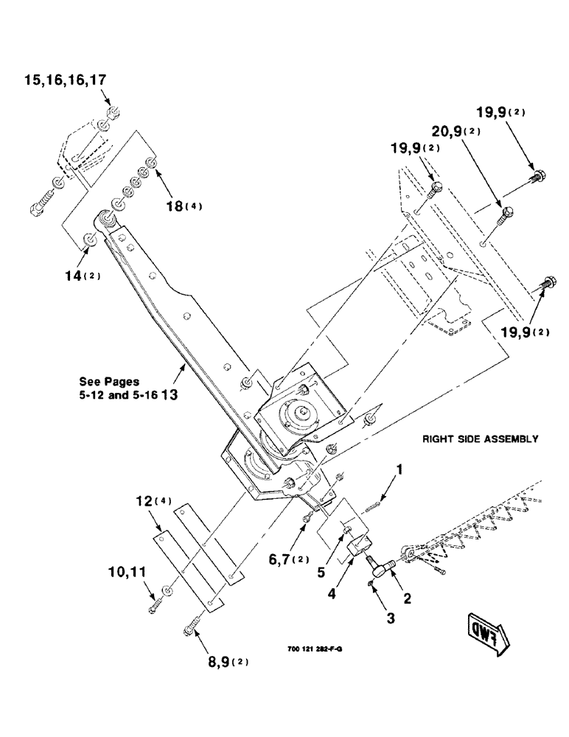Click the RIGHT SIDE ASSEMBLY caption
pyautogui.click(x=480, y=439)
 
